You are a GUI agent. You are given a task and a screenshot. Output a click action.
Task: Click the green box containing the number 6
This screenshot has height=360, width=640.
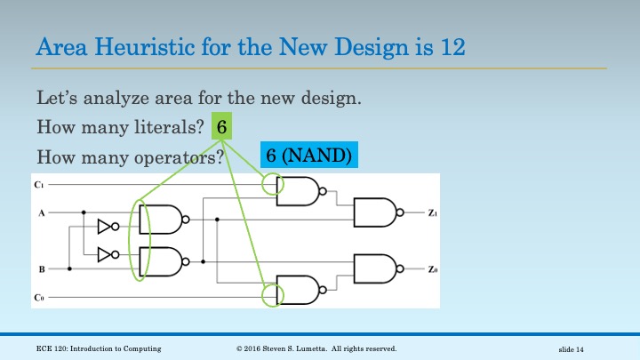click(221, 126)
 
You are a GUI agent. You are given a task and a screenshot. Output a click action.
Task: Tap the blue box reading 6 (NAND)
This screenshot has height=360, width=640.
click(309, 155)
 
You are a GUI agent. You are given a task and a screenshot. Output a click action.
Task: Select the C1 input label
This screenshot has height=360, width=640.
click(39, 185)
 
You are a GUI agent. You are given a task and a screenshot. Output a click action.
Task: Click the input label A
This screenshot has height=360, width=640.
click(41, 213)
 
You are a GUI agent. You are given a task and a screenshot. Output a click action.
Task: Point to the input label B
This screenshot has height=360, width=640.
click(42, 269)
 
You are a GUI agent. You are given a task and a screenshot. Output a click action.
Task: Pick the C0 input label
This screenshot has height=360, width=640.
click(39, 298)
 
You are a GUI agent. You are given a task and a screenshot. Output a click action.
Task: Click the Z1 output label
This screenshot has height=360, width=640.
click(433, 213)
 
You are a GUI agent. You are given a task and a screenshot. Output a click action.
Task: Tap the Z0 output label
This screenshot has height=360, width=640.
click(433, 269)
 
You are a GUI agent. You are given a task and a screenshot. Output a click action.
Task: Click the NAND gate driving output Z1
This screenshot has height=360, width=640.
click(379, 212)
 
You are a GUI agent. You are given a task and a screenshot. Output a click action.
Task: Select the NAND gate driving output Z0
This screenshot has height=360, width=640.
click(379, 268)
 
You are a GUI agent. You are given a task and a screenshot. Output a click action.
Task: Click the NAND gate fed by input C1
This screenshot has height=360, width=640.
click(301, 191)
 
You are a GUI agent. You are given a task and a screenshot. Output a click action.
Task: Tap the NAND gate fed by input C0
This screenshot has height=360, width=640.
click(301, 290)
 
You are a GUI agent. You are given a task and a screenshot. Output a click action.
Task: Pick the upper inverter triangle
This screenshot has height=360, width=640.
click(108, 227)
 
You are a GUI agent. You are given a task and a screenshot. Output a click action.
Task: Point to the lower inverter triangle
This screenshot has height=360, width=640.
click(108, 255)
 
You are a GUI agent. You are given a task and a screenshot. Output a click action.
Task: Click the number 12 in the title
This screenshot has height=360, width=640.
click(452, 46)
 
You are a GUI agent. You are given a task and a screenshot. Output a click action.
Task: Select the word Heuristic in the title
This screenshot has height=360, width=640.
click(145, 46)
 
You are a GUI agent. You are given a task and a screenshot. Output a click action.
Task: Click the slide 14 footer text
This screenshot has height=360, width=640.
click(571, 349)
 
